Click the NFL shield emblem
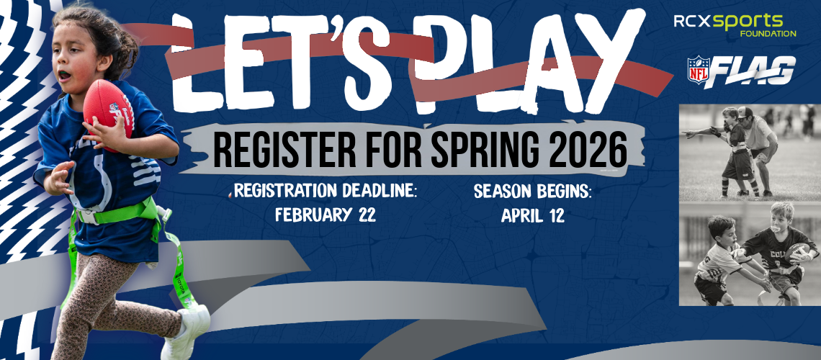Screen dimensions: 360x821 (699, 71)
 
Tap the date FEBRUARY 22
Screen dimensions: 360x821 (326, 215)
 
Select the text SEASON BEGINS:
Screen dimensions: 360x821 (532, 192)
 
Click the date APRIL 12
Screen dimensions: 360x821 (533, 215)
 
